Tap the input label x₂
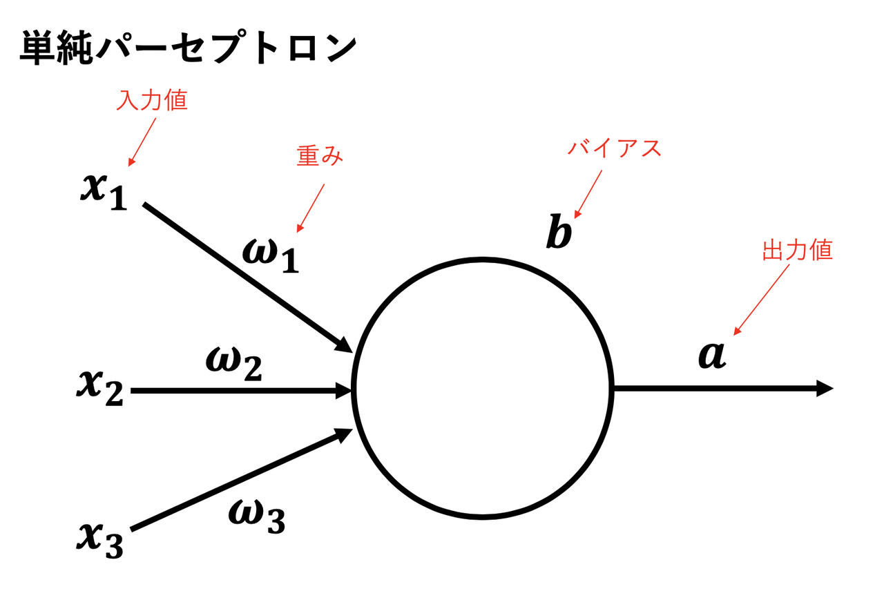tap(99, 388)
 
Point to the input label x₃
tap(99, 541)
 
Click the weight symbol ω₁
tap(271, 255)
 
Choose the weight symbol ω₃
tap(256, 516)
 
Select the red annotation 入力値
tap(153, 101)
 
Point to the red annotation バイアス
tap(614, 148)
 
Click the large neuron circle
tap(483, 389)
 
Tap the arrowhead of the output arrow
tap(825, 389)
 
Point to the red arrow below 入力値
tap(142, 141)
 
